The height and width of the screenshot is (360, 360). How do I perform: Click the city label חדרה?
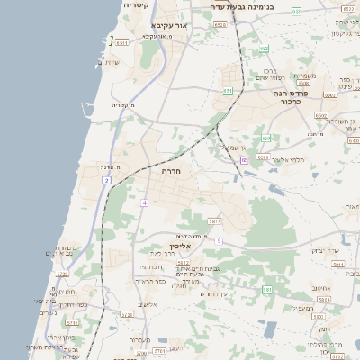coord(172,170)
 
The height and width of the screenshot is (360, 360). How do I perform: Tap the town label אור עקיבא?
coord(168,26)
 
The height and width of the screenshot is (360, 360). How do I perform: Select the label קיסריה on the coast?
coord(136,5)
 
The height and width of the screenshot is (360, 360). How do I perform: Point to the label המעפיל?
coord(302,308)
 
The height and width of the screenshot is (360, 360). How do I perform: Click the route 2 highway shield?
coord(106,181)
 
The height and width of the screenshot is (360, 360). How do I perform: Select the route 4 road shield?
coord(143,202)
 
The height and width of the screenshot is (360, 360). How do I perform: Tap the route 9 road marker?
coord(218,240)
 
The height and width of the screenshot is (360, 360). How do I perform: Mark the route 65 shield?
coord(244,160)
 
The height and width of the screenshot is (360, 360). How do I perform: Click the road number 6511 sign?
coord(122,42)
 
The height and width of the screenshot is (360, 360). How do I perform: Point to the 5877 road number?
coord(214,220)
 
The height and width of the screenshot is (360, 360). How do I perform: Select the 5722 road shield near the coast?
coord(62,274)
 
